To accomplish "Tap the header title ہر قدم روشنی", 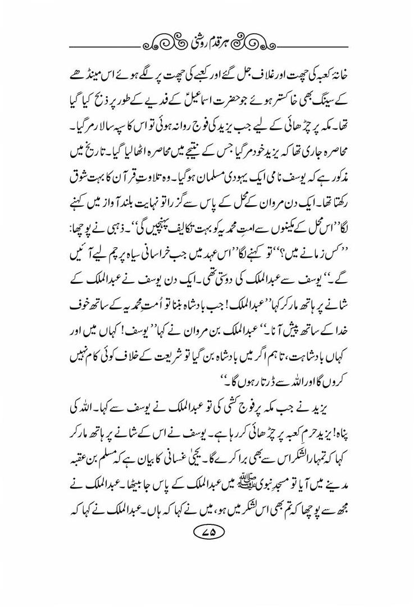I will pyautogui.click(x=207, y=43).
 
